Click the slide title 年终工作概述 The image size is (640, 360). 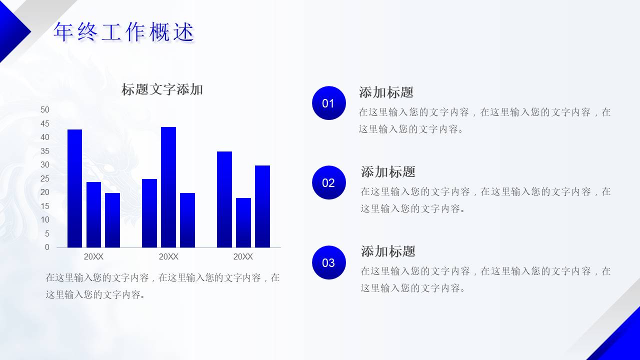123,32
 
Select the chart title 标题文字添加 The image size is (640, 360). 162,90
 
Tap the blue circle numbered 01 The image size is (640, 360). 328,103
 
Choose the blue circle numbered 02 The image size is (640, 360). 328,182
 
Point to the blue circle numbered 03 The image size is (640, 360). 328,262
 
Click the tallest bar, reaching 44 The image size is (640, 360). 168,187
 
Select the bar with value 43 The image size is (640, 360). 74,188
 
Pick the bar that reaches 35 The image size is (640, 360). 224,199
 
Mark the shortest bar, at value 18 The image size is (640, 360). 243,222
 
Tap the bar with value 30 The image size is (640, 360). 262,206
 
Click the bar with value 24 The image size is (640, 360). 93,214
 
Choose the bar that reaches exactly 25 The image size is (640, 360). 149,213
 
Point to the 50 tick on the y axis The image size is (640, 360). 45,109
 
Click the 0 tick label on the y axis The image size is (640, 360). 47,247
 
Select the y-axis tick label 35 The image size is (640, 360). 45,151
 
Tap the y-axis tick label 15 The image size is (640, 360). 45,206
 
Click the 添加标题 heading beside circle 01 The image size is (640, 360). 386,92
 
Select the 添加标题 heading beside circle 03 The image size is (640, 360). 388,251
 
